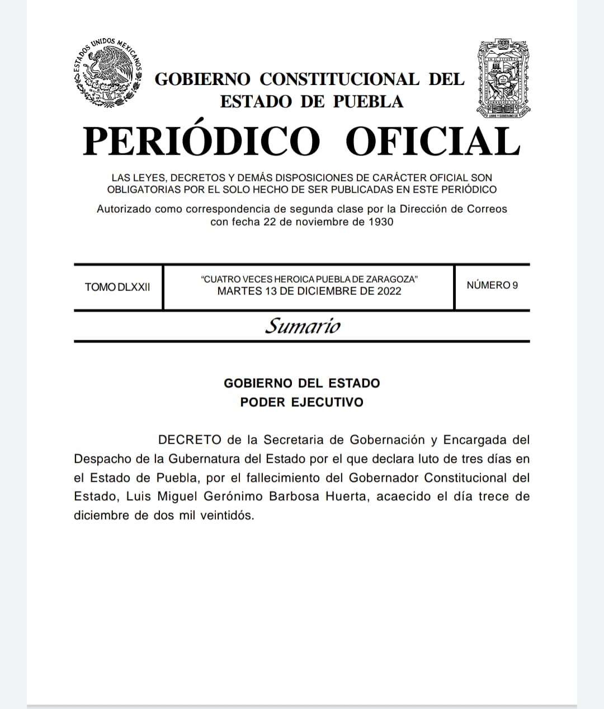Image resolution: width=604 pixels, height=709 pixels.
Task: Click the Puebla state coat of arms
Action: [503, 79]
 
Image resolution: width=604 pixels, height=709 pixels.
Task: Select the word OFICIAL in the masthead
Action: [433, 141]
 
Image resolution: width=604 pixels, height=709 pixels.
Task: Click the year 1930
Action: [381, 222]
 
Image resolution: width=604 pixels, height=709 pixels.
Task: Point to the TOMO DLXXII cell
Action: [117, 287]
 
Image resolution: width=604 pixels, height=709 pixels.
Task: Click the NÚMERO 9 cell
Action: [492, 285]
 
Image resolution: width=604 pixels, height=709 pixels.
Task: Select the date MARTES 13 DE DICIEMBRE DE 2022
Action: [309, 291]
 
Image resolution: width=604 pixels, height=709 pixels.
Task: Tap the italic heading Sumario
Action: [302, 326]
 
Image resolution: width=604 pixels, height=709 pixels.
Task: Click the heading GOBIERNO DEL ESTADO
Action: [302, 383]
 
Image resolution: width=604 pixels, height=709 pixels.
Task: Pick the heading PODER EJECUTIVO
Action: [302, 402]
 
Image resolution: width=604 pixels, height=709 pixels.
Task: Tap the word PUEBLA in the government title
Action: [369, 101]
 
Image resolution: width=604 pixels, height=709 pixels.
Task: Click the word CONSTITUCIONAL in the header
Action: [339, 79]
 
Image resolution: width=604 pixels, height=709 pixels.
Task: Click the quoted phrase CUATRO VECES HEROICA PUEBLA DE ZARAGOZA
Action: [309, 279]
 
